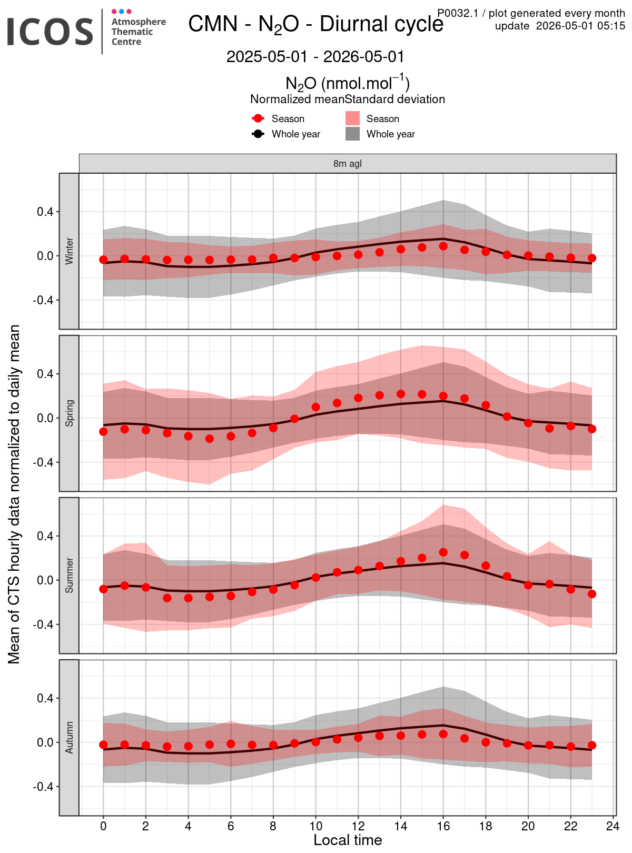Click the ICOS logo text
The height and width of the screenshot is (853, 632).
click(50, 32)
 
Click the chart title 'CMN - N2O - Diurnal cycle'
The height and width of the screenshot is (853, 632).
click(315, 24)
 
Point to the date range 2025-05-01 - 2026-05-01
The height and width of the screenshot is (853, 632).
click(315, 56)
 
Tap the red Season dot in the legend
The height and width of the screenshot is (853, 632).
click(258, 118)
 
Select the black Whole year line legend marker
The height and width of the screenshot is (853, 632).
click(258, 134)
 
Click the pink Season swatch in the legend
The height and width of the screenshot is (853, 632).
click(352, 118)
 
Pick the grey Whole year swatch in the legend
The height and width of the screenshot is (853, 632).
click(352, 134)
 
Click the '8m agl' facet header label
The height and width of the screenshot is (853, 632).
click(348, 163)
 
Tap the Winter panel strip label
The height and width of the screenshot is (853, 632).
click(69, 251)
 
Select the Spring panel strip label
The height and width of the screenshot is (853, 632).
click(69, 413)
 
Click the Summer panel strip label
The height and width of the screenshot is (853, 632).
click(69, 576)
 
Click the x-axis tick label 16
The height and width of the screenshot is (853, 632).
click(443, 826)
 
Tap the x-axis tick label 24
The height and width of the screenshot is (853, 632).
click(613, 826)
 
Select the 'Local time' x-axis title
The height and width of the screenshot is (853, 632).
click(348, 840)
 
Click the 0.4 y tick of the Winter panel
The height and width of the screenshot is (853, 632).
click(45, 212)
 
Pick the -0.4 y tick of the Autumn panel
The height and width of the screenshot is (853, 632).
click(43, 787)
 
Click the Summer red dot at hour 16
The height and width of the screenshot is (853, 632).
click(443, 552)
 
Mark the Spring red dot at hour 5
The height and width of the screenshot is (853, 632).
click(209, 439)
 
